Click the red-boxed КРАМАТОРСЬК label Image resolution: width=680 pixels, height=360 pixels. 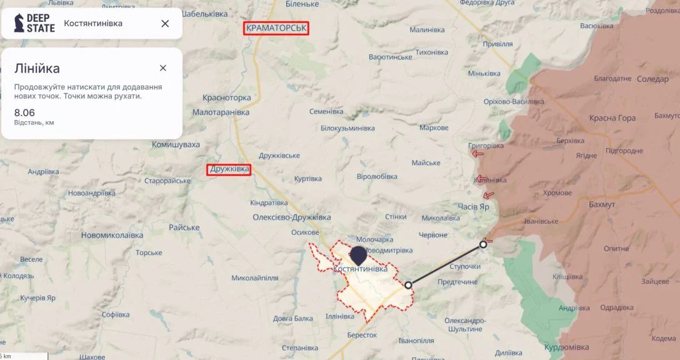(277, 28)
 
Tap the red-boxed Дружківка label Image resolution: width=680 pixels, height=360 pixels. (229, 169)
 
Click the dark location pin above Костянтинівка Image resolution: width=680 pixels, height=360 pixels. (359, 255)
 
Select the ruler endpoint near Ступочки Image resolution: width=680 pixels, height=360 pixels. (483, 244)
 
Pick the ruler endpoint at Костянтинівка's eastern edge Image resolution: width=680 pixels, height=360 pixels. (408, 285)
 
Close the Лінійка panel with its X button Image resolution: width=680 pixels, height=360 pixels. (163, 68)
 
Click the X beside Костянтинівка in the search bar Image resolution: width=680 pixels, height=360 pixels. (165, 24)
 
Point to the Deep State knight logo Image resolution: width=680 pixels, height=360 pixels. (19, 23)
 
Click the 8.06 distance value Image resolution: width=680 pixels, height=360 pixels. (25, 112)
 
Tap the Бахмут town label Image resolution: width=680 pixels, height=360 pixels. (602, 204)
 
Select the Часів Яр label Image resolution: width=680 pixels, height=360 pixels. (473, 206)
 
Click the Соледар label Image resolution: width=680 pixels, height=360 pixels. (652, 79)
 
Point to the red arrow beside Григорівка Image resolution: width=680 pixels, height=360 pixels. (477, 154)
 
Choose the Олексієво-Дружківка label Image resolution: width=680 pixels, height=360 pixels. (291, 217)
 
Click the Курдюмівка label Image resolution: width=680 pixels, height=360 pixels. (566, 347)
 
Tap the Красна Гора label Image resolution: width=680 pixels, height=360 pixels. (612, 118)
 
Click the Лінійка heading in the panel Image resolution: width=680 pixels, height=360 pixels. (37, 69)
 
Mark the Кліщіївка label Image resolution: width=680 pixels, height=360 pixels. (567, 277)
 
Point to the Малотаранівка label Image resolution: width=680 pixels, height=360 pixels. (221, 112)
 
